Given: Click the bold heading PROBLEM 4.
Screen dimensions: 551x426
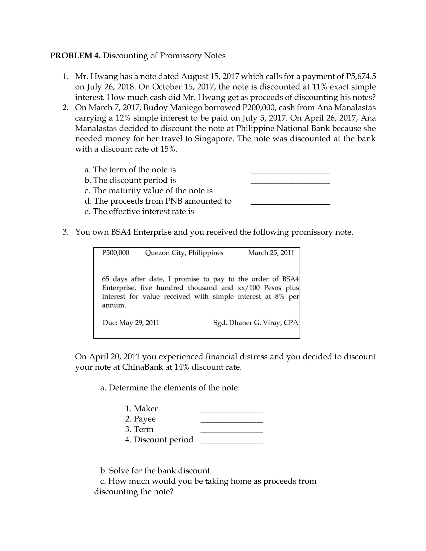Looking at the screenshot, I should coord(75,56).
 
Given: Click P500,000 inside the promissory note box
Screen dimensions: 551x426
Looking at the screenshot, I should coord(116,252).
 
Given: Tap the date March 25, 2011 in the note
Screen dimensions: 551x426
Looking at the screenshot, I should coord(271,252).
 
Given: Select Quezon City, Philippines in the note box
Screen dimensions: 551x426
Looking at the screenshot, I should coord(184,252).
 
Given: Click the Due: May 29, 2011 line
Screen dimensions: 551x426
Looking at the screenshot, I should coord(131,322).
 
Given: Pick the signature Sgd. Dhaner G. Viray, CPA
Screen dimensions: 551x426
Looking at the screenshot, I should coord(255,322).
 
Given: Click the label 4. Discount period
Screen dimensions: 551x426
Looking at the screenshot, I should coord(159,440).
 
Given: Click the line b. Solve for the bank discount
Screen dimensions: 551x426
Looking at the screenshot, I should coord(156,471).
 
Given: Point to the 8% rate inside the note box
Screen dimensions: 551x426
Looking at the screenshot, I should coord(280,297).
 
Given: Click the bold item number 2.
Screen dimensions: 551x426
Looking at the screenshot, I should coord(65,107).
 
